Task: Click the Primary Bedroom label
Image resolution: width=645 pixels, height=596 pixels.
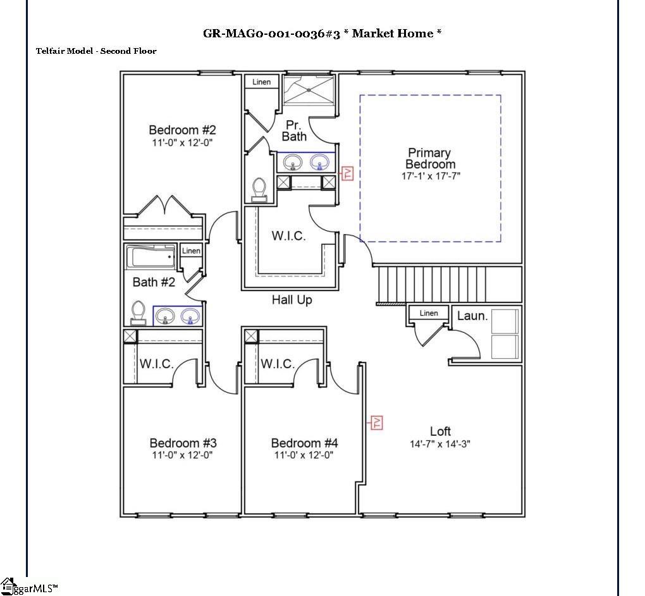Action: (x=429, y=158)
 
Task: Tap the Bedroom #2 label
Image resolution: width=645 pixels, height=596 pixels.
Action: (x=182, y=130)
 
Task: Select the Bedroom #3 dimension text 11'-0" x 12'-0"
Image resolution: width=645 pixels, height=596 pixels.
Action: (x=182, y=455)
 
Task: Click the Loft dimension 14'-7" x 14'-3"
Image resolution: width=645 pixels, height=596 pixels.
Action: (x=439, y=444)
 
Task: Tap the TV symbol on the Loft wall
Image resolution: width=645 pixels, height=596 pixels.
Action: (x=377, y=422)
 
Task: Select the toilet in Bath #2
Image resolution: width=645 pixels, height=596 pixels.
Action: (x=138, y=313)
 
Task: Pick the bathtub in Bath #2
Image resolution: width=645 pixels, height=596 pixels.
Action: (x=151, y=258)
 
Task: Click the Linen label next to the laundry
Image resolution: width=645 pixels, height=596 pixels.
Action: (x=428, y=313)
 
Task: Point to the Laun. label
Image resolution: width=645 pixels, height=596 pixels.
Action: (x=472, y=315)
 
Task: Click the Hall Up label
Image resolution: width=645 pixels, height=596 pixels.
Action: (x=292, y=300)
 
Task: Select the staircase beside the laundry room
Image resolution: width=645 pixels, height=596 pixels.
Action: (x=449, y=284)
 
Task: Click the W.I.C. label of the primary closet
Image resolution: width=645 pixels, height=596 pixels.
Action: (x=288, y=236)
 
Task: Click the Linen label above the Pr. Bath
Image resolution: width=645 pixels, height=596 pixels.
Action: (x=261, y=82)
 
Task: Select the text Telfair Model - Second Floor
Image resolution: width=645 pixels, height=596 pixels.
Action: (x=96, y=51)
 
